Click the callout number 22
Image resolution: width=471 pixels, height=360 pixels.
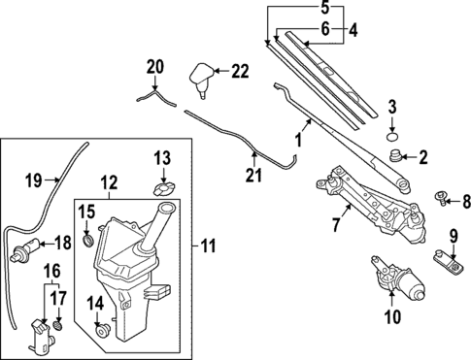(239, 71)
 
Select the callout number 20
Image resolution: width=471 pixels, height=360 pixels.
(154, 67)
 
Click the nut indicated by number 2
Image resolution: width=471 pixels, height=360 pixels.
(395, 154)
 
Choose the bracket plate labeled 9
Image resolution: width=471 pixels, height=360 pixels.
(447, 258)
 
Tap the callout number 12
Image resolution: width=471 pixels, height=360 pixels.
(108, 182)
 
